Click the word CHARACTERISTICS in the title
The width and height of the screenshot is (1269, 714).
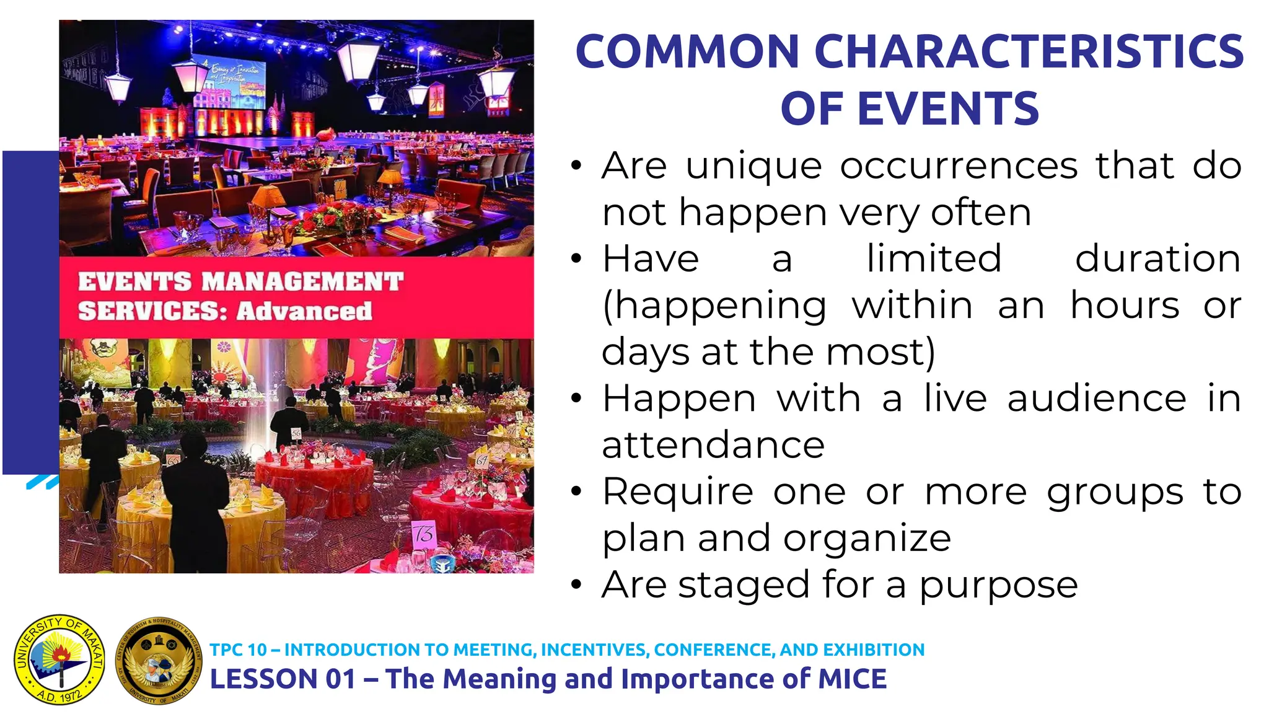coord(1029,51)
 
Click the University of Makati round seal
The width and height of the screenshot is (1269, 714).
coord(59,660)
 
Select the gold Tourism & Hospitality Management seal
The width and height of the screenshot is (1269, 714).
coord(159,661)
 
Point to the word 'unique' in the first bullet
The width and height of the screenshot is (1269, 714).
coord(753,166)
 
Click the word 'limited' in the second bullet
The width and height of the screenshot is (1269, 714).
coord(934,258)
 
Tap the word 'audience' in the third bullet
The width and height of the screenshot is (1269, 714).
coord(1097,399)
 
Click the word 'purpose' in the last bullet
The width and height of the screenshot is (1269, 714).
coord(998,586)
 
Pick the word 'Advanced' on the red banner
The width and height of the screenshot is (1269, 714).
coord(304,311)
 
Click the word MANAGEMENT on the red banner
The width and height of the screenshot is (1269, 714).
coord(302,282)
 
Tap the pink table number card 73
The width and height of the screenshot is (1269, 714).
coord(424,534)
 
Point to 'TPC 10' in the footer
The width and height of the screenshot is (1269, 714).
coord(238,650)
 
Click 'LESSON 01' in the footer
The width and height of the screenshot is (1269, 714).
coord(283,679)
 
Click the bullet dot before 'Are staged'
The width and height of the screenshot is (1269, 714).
coord(577,584)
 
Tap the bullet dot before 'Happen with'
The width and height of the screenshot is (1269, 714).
coord(577,398)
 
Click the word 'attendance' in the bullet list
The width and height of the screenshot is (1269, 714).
coord(713,446)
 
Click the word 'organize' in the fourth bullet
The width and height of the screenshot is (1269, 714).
coord(867,539)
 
